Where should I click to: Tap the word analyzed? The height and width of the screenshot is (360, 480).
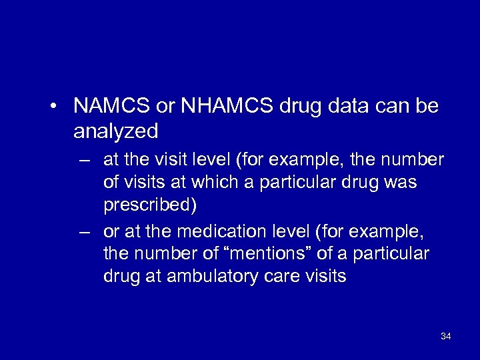pos(116,131)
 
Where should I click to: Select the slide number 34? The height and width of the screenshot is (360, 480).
pos(446,337)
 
